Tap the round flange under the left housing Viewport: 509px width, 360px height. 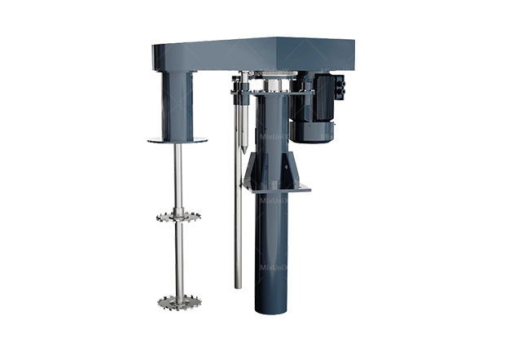coord(176,140)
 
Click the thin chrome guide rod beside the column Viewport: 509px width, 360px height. coord(237,228)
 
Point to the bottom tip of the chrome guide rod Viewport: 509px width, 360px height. coord(237,287)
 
